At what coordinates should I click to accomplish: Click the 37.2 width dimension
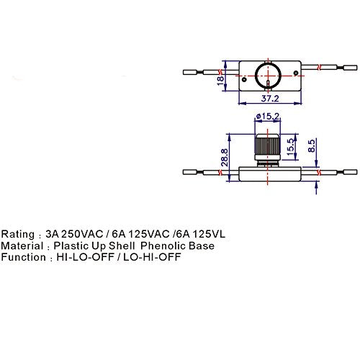click(x=270, y=99)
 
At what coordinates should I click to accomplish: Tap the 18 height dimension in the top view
click(x=220, y=81)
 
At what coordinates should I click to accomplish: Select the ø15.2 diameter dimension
click(x=268, y=117)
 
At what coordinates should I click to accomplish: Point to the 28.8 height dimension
click(x=225, y=158)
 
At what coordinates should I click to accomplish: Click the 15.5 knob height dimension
click(x=290, y=146)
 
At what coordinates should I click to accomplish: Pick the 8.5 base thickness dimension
click(x=311, y=145)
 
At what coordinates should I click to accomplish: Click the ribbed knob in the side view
click(x=268, y=145)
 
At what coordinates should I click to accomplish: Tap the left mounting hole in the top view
click(x=244, y=79)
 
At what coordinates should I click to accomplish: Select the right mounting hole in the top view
click(x=296, y=73)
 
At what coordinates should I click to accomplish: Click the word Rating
click(x=18, y=234)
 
